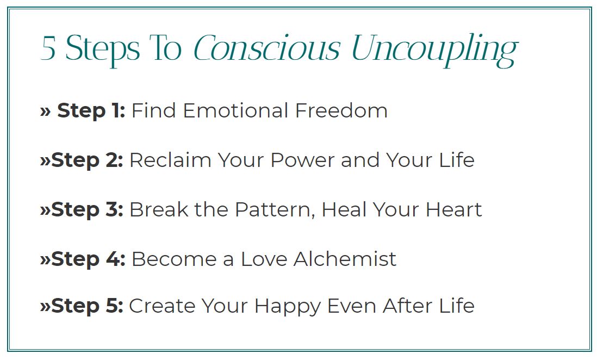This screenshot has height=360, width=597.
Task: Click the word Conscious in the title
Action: click(x=266, y=48)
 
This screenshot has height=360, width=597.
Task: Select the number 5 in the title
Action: click(x=48, y=49)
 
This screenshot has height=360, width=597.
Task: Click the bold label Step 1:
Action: click(x=91, y=111)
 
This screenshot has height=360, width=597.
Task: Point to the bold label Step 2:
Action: click(x=87, y=160)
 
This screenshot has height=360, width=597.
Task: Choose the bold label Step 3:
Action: click(x=87, y=209)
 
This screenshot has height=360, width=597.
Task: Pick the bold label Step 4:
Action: click(x=88, y=259)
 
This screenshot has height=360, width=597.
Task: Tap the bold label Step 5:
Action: click(x=87, y=306)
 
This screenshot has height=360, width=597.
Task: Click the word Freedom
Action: click(x=341, y=111)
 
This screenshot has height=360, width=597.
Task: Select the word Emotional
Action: click(x=235, y=111)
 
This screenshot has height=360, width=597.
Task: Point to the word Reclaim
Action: click(x=171, y=160)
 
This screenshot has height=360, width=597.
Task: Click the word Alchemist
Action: click(x=345, y=259)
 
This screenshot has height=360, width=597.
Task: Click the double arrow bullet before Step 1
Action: click(x=45, y=111)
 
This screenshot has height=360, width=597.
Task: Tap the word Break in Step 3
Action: click(x=159, y=209)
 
